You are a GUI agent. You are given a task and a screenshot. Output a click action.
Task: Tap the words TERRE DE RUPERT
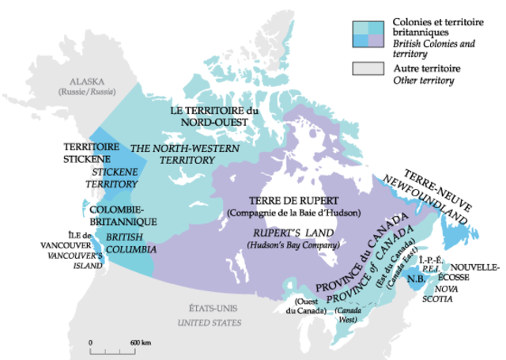pyautogui.click(x=293, y=201)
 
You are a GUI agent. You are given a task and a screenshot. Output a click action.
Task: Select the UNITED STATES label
pyautogui.click(x=208, y=323)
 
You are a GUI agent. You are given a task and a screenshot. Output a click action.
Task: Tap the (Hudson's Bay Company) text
pyautogui.click(x=293, y=247)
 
